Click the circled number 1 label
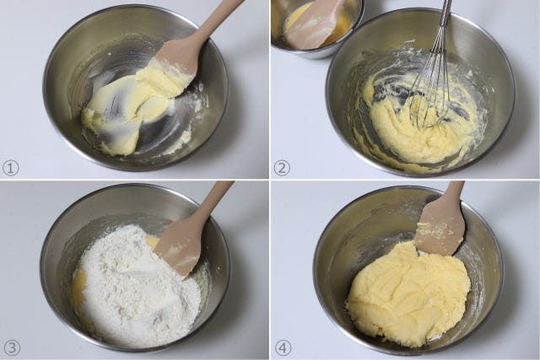(x=10, y=168)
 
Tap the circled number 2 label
(x=282, y=168)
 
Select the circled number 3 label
(x=11, y=347)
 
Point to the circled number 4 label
(x=283, y=348)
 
